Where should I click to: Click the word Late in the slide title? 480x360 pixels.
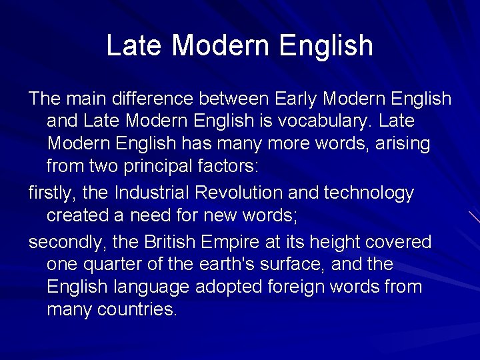(134, 45)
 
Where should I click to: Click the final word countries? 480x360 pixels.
(137, 309)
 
